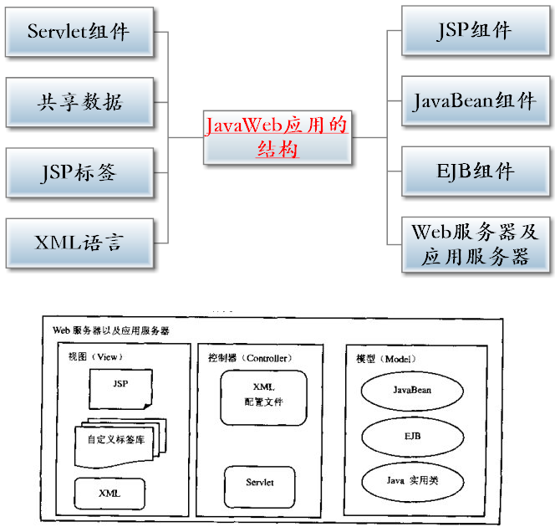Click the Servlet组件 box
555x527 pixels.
(x=79, y=32)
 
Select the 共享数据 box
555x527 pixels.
(x=79, y=102)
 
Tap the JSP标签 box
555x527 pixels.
(x=79, y=173)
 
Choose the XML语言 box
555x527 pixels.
(x=79, y=243)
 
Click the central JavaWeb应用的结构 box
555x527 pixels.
(x=277, y=137)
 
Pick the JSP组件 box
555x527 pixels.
(x=475, y=31)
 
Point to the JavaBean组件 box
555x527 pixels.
(x=475, y=102)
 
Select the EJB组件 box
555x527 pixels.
(x=475, y=172)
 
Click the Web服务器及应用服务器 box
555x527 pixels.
(x=475, y=243)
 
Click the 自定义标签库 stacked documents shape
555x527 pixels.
(x=117, y=439)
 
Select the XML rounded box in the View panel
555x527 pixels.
(x=109, y=493)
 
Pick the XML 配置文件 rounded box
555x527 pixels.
(x=263, y=397)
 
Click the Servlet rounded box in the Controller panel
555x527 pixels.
(x=260, y=483)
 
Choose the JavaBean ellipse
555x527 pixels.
(x=411, y=390)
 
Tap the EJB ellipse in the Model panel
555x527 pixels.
(x=411, y=437)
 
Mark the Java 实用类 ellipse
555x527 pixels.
(x=411, y=482)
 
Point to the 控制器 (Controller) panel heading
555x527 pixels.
(x=250, y=357)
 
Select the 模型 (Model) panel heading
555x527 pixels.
(x=387, y=357)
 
